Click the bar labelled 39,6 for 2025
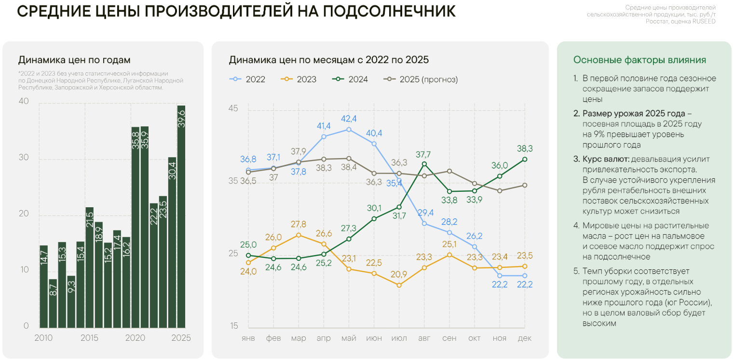tap(181, 217)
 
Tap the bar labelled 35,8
tap(136, 227)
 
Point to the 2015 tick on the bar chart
tap(90, 338)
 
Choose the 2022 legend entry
tap(248, 80)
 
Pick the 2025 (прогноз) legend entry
tap(421, 80)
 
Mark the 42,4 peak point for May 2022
tap(349, 129)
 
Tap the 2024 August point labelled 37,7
tap(424, 164)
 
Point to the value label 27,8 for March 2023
tap(299, 225)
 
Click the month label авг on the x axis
tap(424, 338)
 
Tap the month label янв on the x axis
tap(248, 338)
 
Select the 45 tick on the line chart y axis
tap(233, 109)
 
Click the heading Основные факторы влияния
tap(639, 60)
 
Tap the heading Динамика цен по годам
tap(74, 60)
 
